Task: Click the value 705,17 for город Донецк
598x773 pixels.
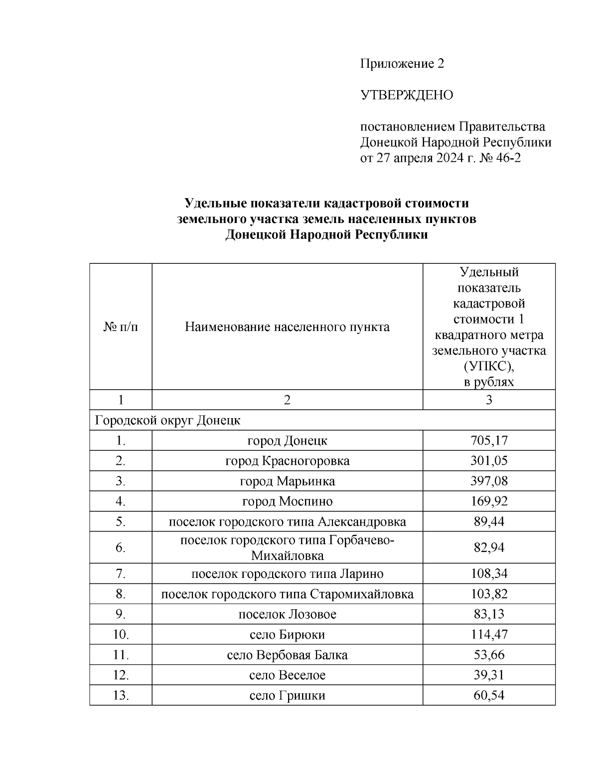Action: click(488, 441)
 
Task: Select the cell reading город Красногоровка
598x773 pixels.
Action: click(287, 461)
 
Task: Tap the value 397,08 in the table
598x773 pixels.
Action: click(488, 481)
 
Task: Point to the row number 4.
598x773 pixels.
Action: click(120, 501)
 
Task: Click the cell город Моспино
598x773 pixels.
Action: click(287, 501)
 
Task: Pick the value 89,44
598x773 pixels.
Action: click(488, 522)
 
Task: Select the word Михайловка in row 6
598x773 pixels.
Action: click(287, 555)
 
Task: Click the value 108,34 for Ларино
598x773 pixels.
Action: click(488, 573)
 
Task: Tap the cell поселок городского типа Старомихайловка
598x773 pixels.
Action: click(287, 594)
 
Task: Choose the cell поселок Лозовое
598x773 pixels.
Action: click(287, 614)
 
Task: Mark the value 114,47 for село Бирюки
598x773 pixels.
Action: click(488, 635)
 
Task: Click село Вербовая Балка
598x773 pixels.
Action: click(287, 655)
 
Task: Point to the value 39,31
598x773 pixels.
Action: click(488, 675)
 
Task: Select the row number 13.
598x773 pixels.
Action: click(120, 695)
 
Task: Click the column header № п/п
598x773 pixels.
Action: click(120, 327)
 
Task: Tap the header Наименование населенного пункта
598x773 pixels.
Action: click(287, 327)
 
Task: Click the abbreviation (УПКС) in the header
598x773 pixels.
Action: click(488, 366)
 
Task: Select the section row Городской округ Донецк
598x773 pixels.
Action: click(167, 420)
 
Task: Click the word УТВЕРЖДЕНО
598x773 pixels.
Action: click(407, 95)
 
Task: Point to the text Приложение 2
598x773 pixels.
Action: click(402, 64)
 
